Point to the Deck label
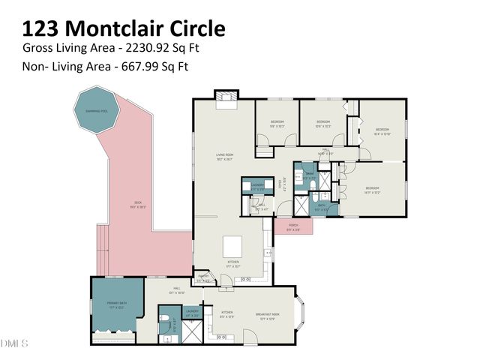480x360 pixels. pos(138,204)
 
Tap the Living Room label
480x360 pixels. pos(226,156)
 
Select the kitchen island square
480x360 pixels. pos(233,245)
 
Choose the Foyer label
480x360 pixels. pos(280,183)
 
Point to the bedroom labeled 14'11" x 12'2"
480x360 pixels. pos(373,190)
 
